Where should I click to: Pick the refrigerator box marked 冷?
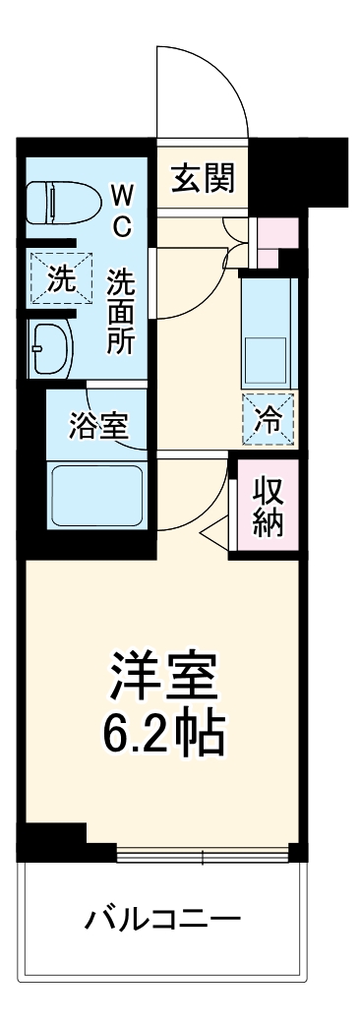267,418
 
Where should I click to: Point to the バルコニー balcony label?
162,922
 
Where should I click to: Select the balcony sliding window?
202,852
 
